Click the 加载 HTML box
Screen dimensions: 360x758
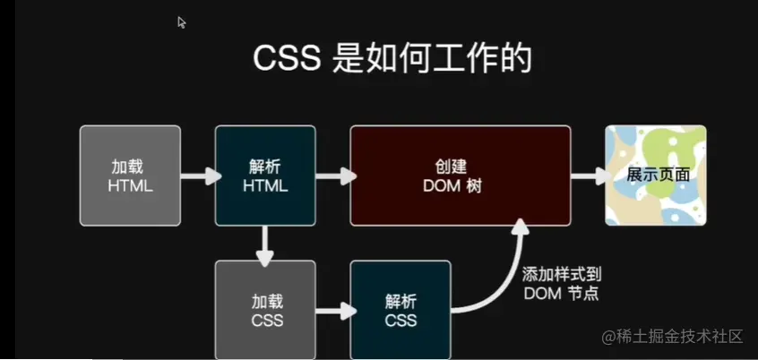pyautogui.click(x=130, y=175)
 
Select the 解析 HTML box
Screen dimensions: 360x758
pyautogui.click(x=265, y=175)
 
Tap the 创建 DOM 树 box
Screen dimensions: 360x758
pyautogui.click(x=460, y=175)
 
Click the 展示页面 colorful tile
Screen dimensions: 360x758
pyautogui.click(x=656, y=175)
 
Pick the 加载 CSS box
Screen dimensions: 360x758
pyautogui.click(x=265, y=310)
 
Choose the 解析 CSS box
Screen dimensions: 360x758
pyautogui.click(x=401, y=310)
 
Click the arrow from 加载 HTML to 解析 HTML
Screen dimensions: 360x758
pyautogui.click(x=198, y=176)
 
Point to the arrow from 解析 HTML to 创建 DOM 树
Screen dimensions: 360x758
pyautogui.click(x=332, y=176)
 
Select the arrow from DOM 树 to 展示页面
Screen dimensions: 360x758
pyautogui.click(x=588, y=176)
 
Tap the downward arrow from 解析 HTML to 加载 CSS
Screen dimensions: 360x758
pyautogui.click(x=265, y=244)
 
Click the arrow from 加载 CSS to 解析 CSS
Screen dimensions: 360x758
pyautogui.click(x=332, y=311)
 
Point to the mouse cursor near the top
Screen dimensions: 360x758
pyautogui.click(x=181, y=21)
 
